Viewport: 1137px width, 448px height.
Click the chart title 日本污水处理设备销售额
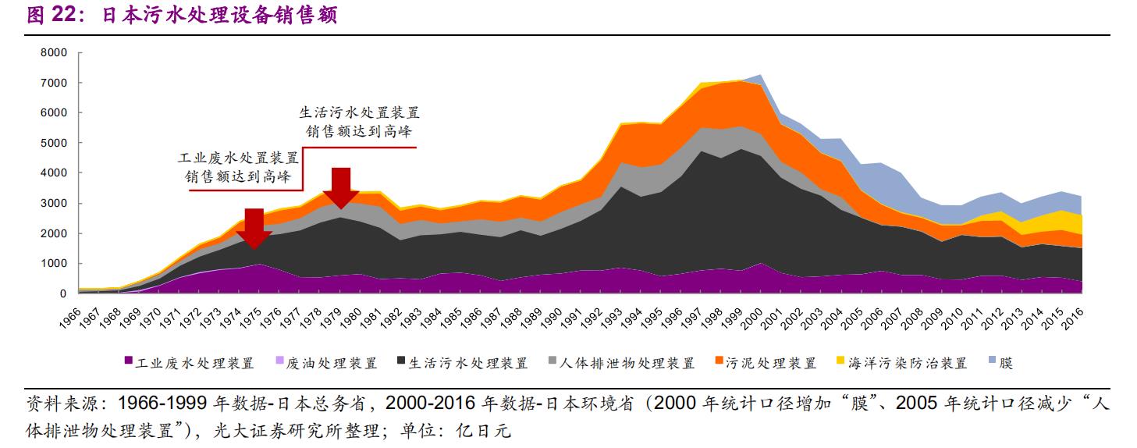coord(220,15)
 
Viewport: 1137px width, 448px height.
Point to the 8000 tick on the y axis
coord(57,52)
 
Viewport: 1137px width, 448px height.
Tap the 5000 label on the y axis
coord(57,143)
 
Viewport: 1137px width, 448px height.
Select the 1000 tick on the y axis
coord(57,264)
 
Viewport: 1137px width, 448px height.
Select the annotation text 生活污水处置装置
coord(359,113)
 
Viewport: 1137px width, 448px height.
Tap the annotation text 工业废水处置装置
coord(238,159)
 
